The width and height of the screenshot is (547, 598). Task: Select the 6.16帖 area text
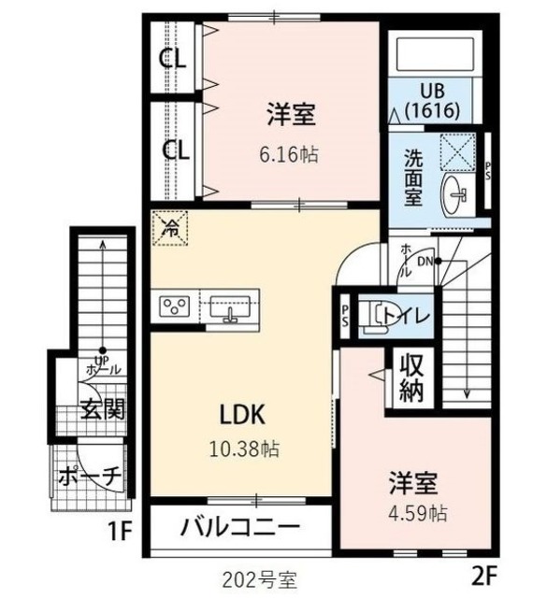point(291,155)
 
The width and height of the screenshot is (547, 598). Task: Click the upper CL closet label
point(173,59)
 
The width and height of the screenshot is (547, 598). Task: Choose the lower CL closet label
point(173,149)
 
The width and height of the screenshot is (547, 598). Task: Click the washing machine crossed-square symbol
point(459,149)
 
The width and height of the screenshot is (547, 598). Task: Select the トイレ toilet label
point(410,316)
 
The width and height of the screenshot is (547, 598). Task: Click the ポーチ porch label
point(89,476)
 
